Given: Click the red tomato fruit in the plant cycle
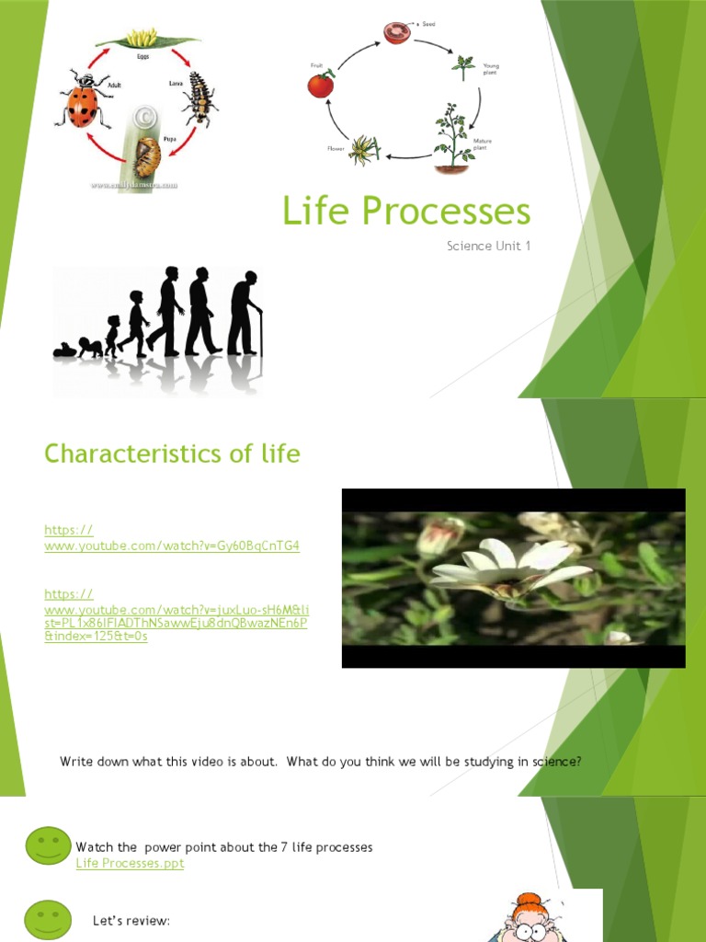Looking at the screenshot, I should click(x=320, y=85).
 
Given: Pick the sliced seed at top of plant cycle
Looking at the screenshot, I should click(x=396, y=33).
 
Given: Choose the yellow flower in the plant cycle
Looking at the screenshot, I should click(x=364, y=149).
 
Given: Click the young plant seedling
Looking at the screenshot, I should click(x=463, y=67).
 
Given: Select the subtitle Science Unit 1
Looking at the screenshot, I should click(x=488, y=246).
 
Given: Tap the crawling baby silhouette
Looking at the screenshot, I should click(x=65, y=350).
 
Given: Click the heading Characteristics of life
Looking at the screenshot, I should click(x=172, y=454).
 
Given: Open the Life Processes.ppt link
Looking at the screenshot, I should click(x=130, y=863).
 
